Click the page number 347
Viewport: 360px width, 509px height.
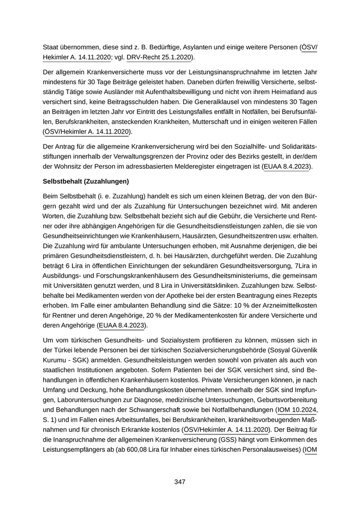click(179, 482)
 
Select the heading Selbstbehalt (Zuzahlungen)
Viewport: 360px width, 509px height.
click(85, 181)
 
